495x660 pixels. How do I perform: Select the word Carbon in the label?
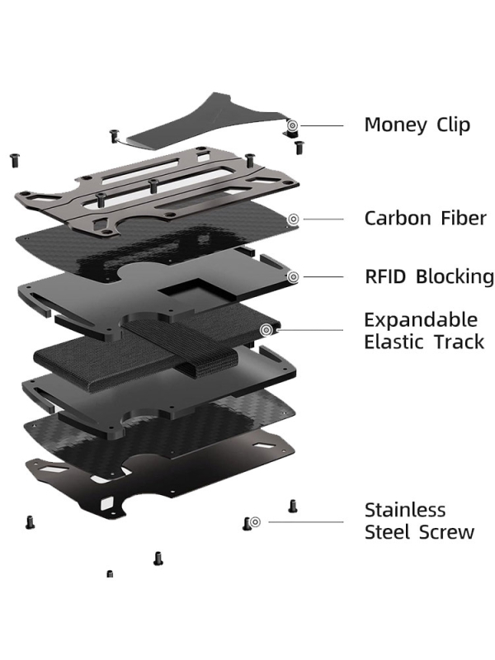point(398,219)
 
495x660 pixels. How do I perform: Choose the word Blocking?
point(455,276)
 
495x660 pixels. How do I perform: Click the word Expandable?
point(421,320)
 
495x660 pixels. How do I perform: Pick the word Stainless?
point(405,510)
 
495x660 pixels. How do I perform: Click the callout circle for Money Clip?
point(293,125)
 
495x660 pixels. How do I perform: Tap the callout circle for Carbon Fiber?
point(293,219)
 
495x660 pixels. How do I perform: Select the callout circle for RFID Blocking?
point(293,276)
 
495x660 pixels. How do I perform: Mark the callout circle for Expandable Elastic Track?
point(266,330)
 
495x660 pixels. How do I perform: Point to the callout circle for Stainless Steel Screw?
point(255,521)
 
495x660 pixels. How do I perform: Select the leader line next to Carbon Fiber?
point(322,219)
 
